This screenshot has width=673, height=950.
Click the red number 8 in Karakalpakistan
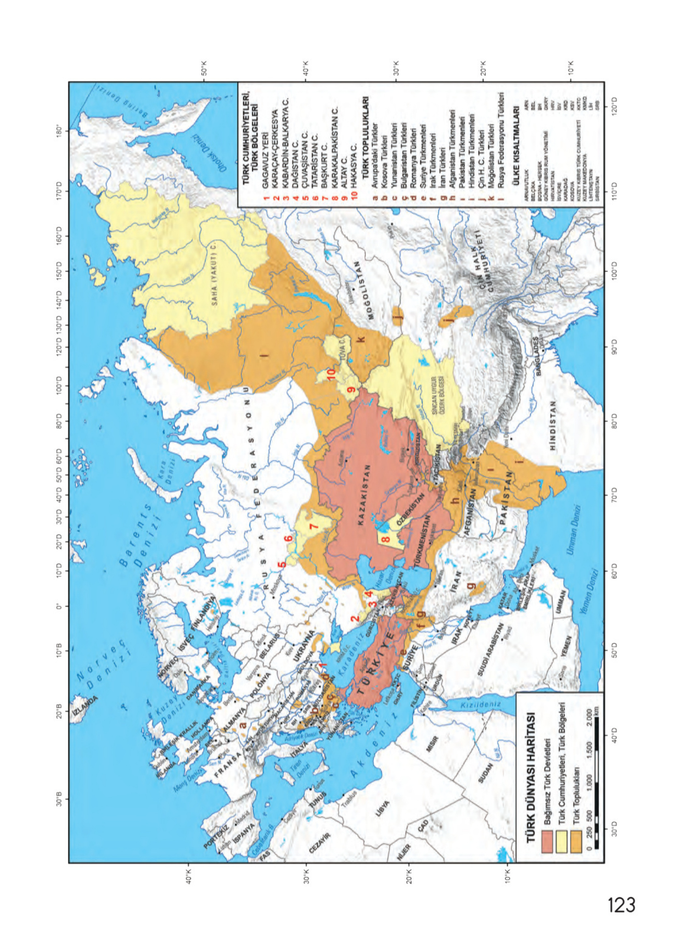[x=385, y=540]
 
